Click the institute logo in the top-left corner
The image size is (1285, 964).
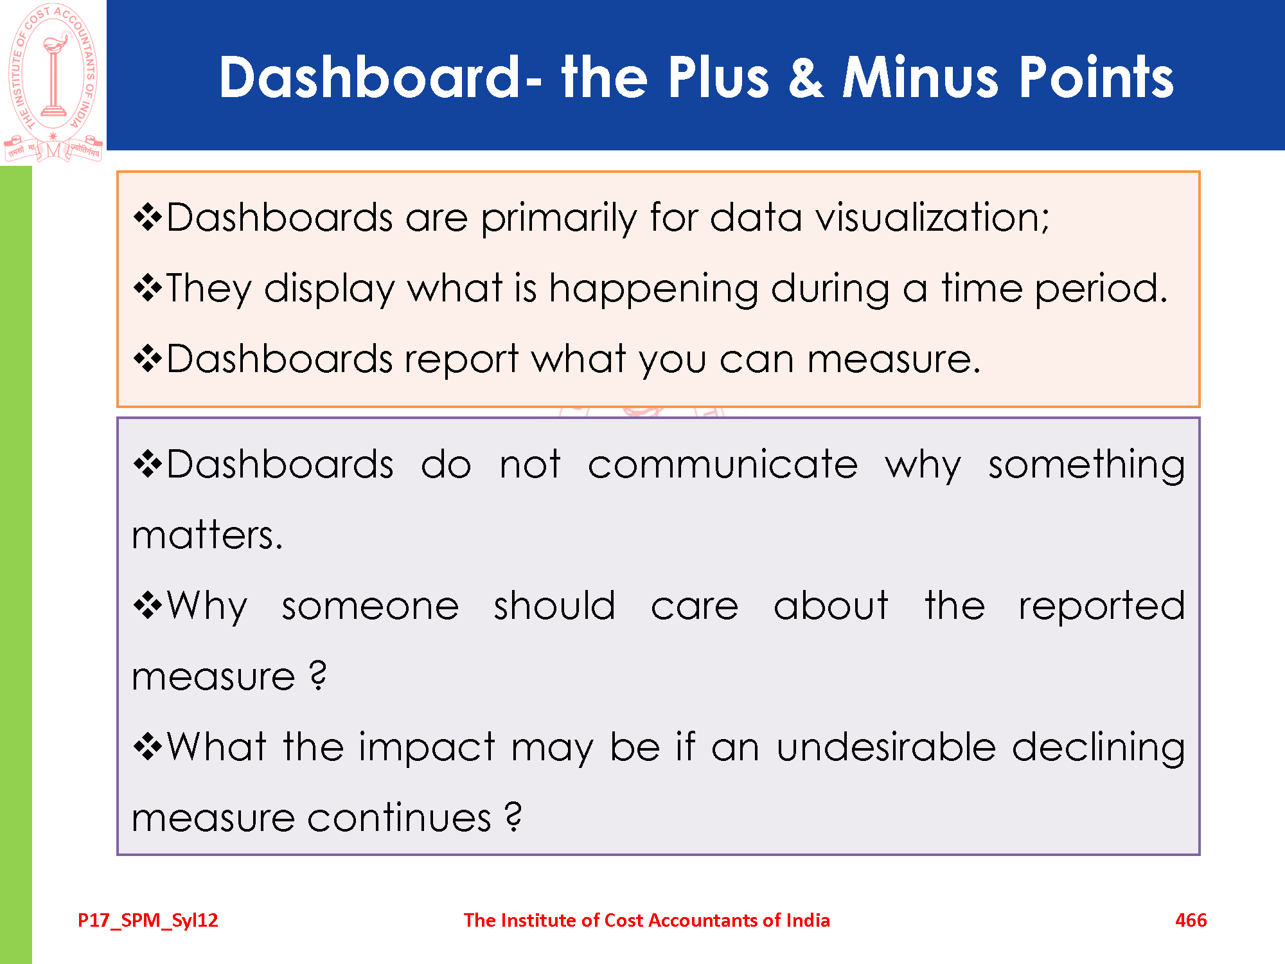53,82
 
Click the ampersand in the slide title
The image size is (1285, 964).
806,77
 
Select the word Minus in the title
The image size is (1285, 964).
921,77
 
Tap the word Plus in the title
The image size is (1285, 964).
718,77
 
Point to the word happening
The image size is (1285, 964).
653,289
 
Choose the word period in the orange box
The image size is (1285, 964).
1101,289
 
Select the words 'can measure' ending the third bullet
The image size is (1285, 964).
850,359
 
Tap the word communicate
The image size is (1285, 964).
723,464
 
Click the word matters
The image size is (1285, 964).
207,535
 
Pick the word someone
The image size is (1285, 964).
371,606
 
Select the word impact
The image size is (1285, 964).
427,747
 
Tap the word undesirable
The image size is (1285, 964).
886,747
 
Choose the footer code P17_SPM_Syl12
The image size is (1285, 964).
148,921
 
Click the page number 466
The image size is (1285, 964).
1191,920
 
